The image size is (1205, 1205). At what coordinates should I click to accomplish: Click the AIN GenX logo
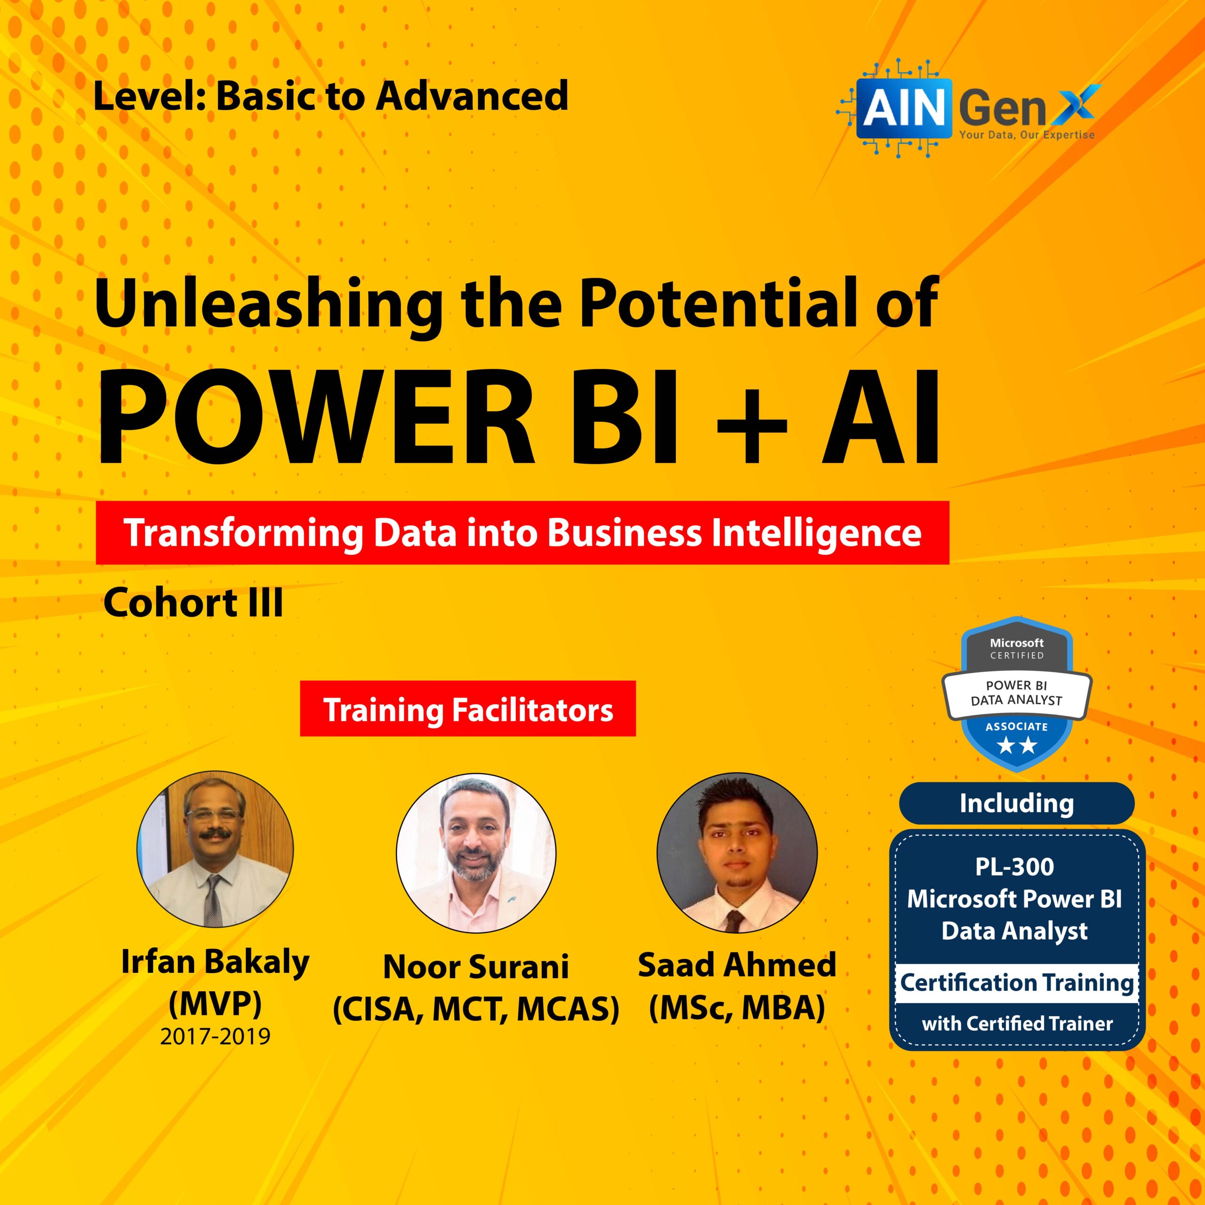tap(969, 108)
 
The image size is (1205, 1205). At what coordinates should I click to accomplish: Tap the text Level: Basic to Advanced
tap(330, 96)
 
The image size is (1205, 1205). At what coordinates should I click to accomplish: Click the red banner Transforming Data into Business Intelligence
tap(522, 533)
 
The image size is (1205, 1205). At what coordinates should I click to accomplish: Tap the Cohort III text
tap(193, 603)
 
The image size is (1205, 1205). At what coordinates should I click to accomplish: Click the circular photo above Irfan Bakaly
tap(215, 849)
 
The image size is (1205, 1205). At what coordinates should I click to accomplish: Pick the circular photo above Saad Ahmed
tap(737, 852)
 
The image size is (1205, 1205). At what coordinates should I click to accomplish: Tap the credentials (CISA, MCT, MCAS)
tap(476, 1009)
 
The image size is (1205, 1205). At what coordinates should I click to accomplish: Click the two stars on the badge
tap(1017, 745)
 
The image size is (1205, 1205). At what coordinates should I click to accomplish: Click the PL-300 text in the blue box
tap(1015, 866)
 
